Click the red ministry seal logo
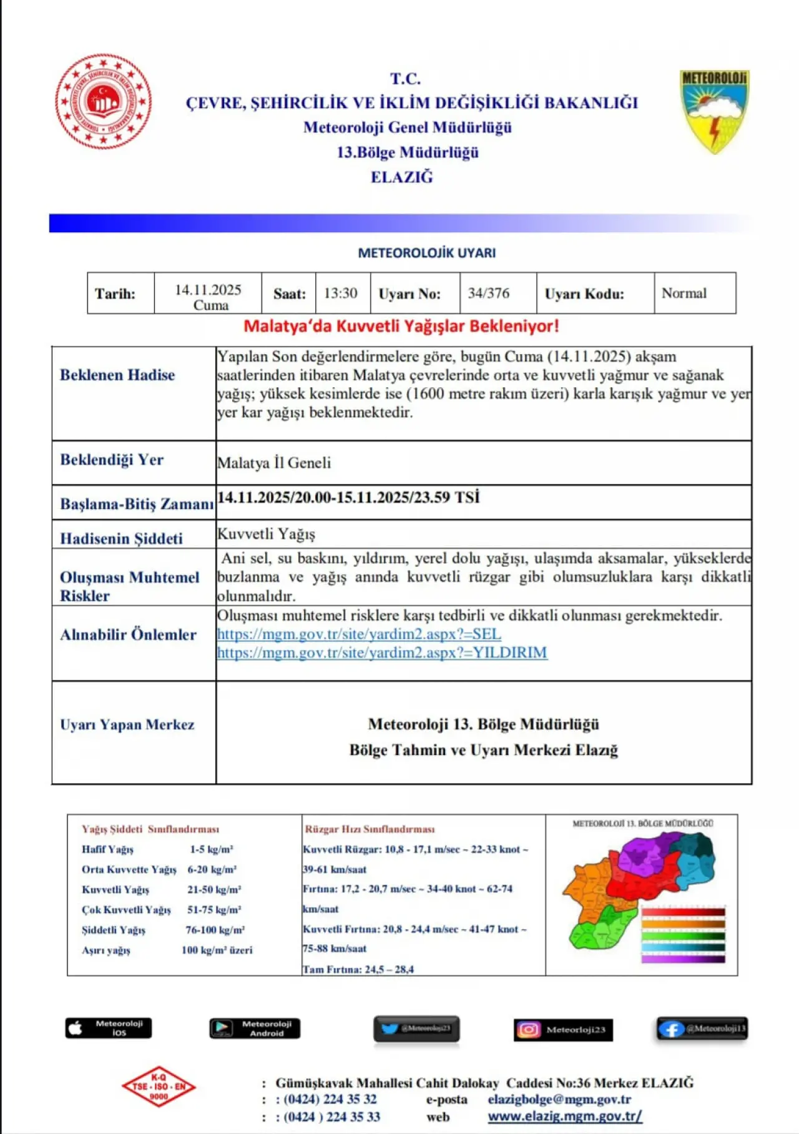pos(103,101)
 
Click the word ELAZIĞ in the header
pos(401,177)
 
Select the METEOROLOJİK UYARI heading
pos(426,253)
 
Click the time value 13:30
pos(341,293)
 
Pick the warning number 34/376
pos(489,293)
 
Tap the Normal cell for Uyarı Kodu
pos(684,293)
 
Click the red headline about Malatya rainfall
pos(401,326)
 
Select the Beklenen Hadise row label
pos(117,375)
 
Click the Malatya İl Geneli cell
pos(274,463)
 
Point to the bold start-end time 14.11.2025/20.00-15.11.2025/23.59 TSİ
pos(348,497)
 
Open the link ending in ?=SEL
pos(359,634)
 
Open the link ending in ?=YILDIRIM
pos(382,653)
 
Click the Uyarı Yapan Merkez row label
pos(127,724)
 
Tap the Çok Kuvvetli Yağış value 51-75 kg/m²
pos(214,910)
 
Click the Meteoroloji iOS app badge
pos(109,1028)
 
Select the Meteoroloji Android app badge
pos(255,1028)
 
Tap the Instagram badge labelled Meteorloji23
pos(563,1030)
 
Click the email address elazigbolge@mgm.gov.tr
pos(559,1099)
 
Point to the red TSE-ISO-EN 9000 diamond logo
pos(159,1087)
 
